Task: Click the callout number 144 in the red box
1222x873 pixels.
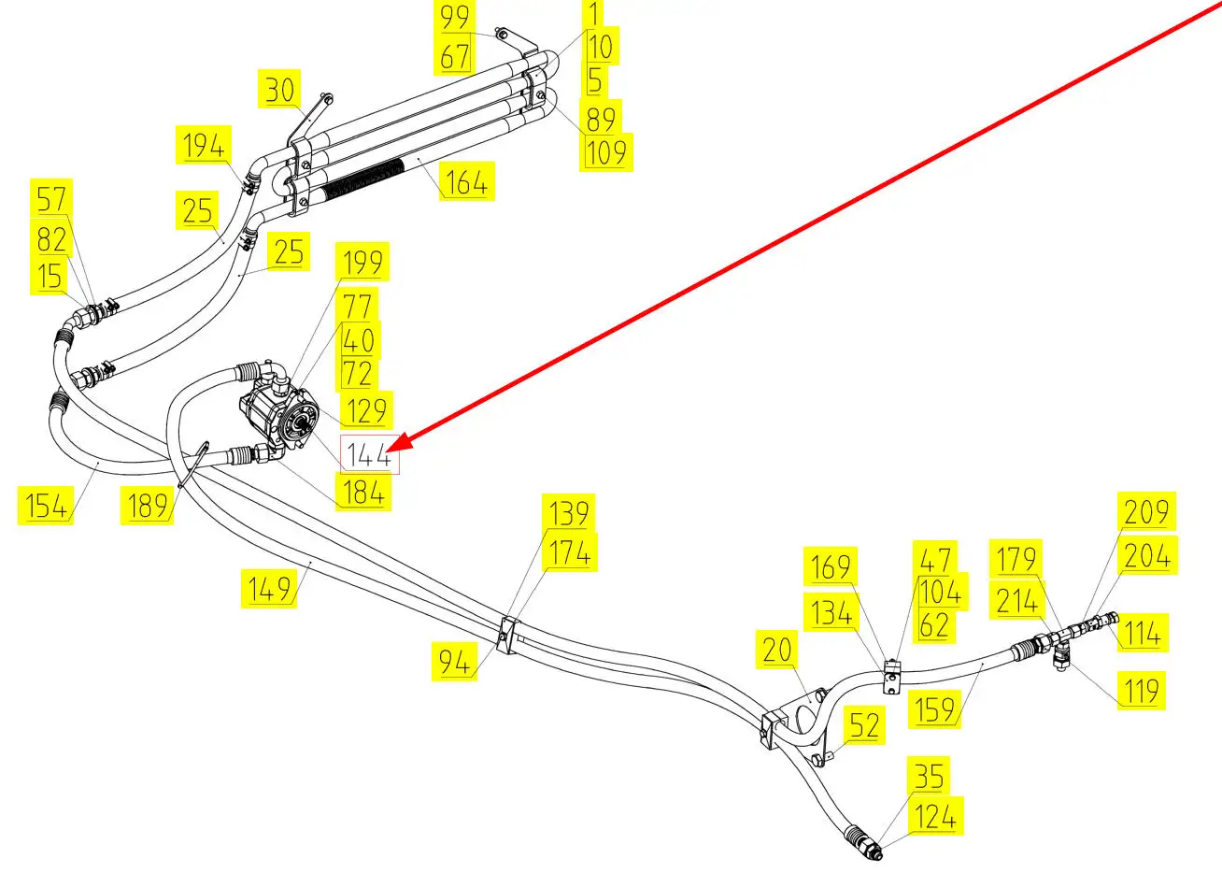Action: (x=369, y=455)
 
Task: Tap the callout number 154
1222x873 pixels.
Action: (x=46, y=506)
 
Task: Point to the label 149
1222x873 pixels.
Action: (x=270, y=590)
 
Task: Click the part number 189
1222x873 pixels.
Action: (x=148, y=506)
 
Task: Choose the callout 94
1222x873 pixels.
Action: (x=457, y=663)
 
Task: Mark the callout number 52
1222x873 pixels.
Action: (x=864, y=725)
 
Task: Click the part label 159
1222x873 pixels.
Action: (x=933, y=708)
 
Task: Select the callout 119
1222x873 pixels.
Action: (x=1141, y=691)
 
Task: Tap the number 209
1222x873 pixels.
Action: (x=1146, y=511)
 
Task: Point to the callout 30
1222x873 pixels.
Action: (x=279, y=91)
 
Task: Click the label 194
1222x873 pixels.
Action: (x=204, y=147)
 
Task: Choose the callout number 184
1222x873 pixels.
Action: (x=363, y=493)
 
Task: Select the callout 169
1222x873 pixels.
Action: (x=831, y=566)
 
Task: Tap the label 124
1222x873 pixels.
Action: (x=935, y=816)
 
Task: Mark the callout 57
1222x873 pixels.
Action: (x=51, y=198)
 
